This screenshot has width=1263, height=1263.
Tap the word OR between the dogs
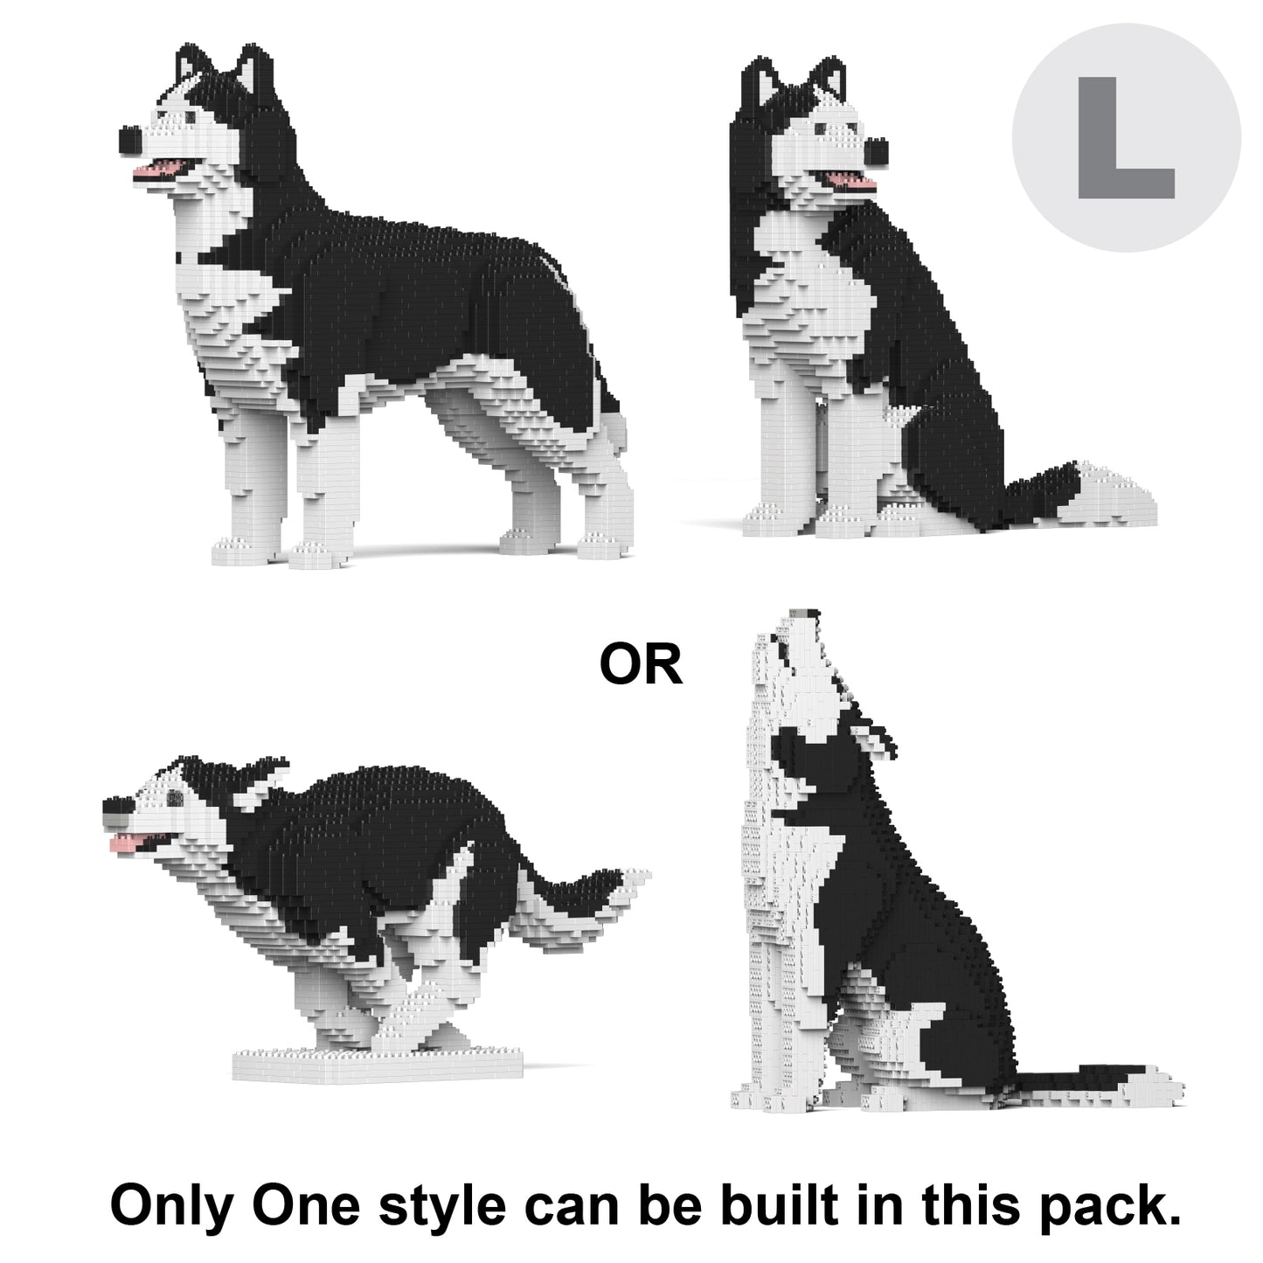pyautogui.click(x=641, y=664)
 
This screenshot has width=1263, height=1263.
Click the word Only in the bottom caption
pyautogui.click(x=172, y=1206)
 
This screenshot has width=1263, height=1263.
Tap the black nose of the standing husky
pyautogui.click(x=131, y=140)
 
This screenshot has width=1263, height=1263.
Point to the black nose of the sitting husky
pyautogui.click(x=877, y=152)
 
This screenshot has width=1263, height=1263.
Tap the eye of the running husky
pyautogui.click(x=175, y=798)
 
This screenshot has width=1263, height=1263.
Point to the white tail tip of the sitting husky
pyautogui.click(x=1120, y=496)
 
